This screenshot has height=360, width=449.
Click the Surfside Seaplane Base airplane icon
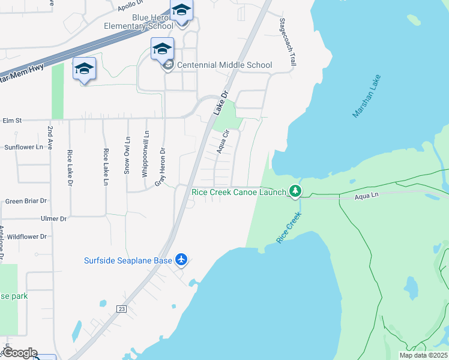coord(182,260)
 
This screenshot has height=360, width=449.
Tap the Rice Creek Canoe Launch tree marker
coord(295,191)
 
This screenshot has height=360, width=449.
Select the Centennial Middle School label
coord(224,65)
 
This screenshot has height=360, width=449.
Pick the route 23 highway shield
coord(121,308)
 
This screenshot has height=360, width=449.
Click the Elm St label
coord(12,121)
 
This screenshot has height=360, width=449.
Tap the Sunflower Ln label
coord(24,147)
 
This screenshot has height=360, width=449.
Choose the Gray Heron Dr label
coord(161,166)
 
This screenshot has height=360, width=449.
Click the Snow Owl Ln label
coord(127,155)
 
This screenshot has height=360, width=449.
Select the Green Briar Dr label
coord(26,201)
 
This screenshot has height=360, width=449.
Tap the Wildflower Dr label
coord(26,236)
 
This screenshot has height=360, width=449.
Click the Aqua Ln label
coord(367,196)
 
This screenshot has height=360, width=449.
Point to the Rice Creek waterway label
coord(288,227)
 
